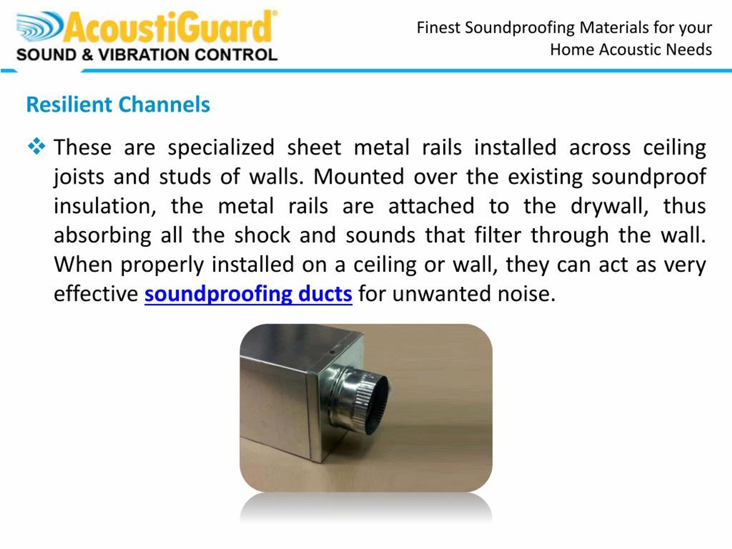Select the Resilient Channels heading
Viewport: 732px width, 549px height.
pos(118,105)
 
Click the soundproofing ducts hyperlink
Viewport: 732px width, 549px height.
pos(248,294)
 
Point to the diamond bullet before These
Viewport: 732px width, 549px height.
pos(37,146)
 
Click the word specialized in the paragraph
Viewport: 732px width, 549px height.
pos(221,147)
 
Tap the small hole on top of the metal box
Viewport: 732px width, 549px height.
pos(332,352)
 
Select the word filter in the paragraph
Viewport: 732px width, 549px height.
pos(498,236)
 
